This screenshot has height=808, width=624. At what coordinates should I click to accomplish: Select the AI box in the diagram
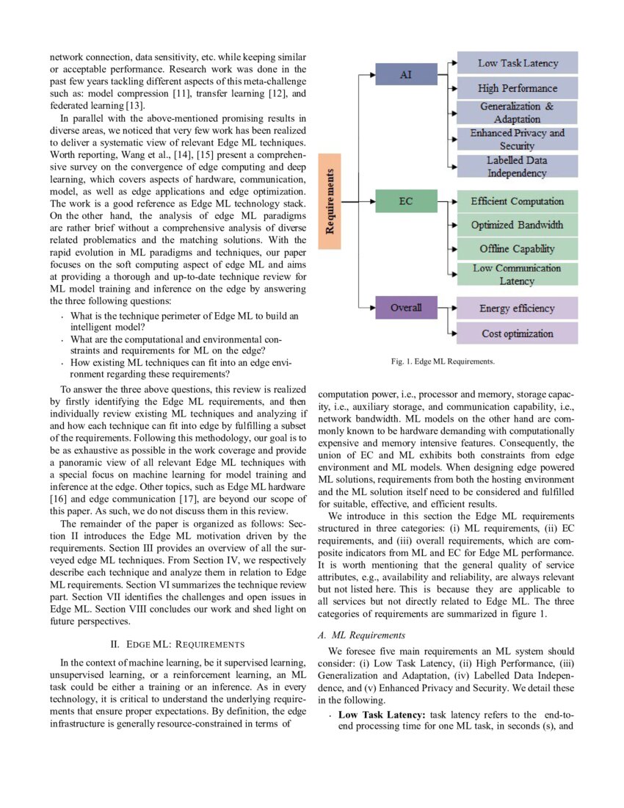click(x=405, y=74)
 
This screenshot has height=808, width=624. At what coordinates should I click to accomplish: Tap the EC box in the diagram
click(x=405, y=200)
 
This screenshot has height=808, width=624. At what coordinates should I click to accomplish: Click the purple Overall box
click(x=405, y=307)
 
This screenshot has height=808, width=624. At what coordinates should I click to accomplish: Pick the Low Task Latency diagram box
click(x=518, y=63)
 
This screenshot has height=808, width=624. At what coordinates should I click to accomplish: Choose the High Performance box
click(x=518, y=88)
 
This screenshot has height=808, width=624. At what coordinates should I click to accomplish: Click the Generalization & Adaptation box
click(x=518, y=112)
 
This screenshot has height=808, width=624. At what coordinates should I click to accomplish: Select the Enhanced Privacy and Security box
click(x=518, y=139)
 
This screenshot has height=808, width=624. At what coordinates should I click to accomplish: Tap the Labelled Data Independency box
click(x=518, y=166)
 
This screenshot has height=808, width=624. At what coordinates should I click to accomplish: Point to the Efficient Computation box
click(x=518, y=201)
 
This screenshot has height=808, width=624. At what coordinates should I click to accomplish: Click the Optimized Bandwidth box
click(x=518, y=225)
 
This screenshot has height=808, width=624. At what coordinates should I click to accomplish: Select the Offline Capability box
click(x=518, y=249)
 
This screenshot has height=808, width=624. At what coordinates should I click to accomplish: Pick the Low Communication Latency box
click(x=518, y=274)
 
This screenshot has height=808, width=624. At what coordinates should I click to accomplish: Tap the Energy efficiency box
click(x=518, y=308)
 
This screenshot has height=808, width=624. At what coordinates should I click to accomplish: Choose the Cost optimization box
click(x=518, y=333)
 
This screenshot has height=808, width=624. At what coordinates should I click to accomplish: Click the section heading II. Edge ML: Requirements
click(x=177, y=644)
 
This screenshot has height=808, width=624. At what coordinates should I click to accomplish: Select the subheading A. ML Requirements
click(x=358, y=634)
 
